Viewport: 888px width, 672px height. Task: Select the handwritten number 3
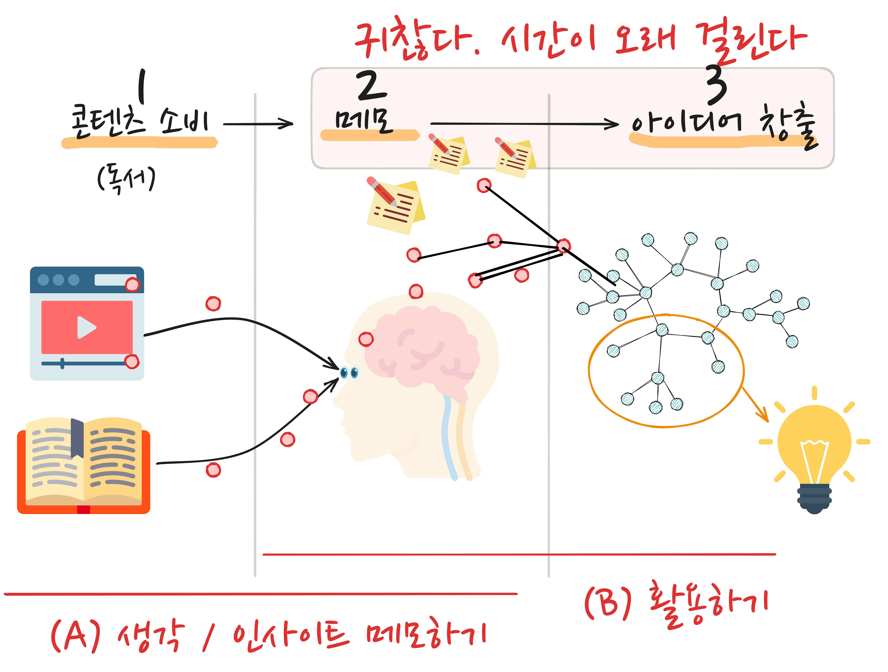717,84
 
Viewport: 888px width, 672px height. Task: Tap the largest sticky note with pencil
395,207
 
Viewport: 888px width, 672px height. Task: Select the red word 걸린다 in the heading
751,40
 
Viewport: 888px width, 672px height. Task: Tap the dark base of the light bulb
814,498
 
